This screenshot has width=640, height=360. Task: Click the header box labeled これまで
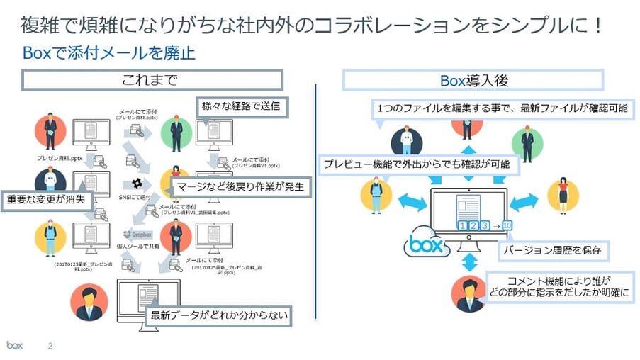[x=152, y=79]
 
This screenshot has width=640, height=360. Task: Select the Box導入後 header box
[x=473, y=79]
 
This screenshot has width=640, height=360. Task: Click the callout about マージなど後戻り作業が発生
[x=241, y=187]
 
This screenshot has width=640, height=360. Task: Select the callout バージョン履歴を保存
[x=554, y=250]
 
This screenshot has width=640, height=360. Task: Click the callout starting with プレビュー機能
[x=419, y=164]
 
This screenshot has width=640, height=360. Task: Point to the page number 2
[x=50, y=347]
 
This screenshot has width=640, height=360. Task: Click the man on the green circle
[x=176, y=131]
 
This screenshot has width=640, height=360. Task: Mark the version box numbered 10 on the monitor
[x=507, y=225]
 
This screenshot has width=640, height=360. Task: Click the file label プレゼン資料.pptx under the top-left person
[x=60, y=159]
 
